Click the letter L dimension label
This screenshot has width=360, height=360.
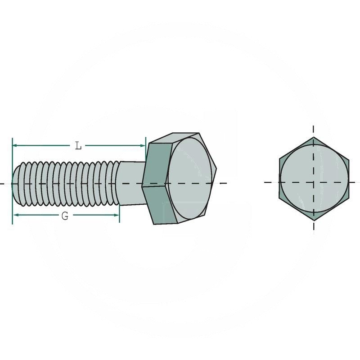pos(78,145)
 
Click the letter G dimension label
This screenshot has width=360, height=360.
pos(65,216)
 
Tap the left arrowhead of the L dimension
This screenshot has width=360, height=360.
pos(14,145)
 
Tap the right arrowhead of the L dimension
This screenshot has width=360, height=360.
pos(143,145)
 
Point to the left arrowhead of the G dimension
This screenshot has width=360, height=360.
pos(16,215)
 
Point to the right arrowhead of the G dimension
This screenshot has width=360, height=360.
pos(117,215)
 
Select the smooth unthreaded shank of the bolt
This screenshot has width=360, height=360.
pos(131,183)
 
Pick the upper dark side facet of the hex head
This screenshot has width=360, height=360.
pos(157,165)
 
